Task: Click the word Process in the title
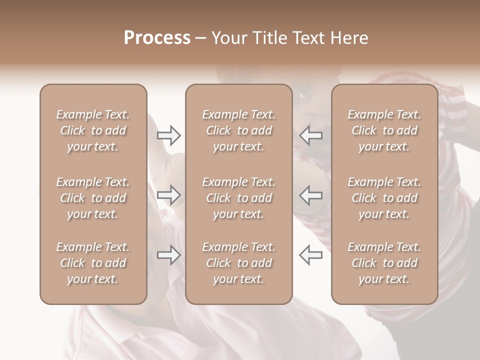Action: click(157, 38)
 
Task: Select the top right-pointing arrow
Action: click(169, 134)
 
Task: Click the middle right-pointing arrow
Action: click(169, 195)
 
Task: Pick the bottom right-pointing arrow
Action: click(169, 255)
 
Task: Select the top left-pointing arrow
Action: click(310, 134)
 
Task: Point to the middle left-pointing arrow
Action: click(310, 195)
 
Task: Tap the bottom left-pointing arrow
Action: click(310, 255)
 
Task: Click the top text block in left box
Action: click(93, 130)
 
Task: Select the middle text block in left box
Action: click(93, 198)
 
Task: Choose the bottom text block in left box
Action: click(93, 263)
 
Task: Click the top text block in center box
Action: click(238, 130)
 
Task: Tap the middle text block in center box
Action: click(238, 198)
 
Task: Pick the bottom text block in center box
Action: click(238, 263)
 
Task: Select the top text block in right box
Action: click(384, 130)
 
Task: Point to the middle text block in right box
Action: click(384, 198)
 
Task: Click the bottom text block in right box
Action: click(384, 263)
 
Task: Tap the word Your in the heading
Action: click(228, 38)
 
